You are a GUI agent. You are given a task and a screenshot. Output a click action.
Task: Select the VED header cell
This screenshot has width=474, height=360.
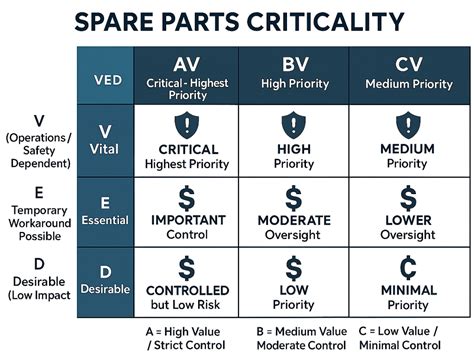(x=104, y=78)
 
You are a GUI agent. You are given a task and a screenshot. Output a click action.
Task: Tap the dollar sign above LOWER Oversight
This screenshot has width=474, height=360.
(x=406, y=196)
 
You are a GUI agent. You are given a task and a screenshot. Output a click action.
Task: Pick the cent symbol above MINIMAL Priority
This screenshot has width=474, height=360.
(x=406, y=268)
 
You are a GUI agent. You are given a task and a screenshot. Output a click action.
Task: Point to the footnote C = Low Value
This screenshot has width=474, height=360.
(x=410, y=337)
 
